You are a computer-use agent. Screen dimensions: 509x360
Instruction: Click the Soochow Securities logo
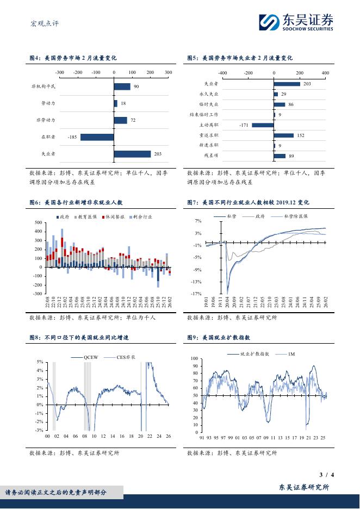(x=296, y=23)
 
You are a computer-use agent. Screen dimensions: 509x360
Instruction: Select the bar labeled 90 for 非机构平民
(x=122, y=86)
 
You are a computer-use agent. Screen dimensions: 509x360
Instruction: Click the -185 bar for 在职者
(x=97, y=137)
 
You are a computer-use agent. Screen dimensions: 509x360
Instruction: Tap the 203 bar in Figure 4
(x=132, y=154)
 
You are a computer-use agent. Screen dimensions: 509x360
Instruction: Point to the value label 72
(x=133, y=120)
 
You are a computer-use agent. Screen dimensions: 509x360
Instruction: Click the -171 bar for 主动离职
(x=263, y=125)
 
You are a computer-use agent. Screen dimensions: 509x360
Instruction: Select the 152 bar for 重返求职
(x=283, y=135)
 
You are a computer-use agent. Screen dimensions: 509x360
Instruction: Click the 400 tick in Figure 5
(x=325, y=72)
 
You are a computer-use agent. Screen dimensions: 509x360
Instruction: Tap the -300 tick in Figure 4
(x=60, y=72)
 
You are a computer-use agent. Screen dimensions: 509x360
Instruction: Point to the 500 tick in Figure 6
(x=38, y=223)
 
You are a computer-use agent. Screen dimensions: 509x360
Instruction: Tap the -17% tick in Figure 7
(x=196, y=294)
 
